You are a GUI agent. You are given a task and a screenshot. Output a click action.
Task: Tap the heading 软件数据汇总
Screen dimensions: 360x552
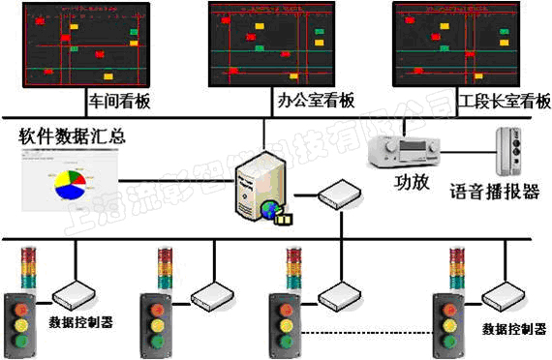click(72, 134)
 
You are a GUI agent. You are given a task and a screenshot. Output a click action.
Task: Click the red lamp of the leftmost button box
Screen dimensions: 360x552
click(20, 299)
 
